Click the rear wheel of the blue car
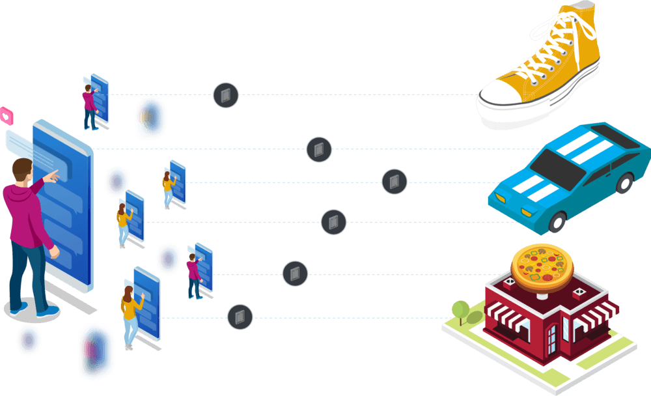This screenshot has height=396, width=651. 624,182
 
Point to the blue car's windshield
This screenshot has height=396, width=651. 561,163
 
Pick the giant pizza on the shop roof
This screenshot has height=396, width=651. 542,264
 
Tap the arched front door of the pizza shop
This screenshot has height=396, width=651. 552,339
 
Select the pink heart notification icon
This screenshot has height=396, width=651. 7,117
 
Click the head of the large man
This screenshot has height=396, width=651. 22,171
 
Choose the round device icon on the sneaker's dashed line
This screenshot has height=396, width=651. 226,96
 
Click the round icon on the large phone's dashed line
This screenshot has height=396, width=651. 319,150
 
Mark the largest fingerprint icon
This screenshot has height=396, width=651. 96,351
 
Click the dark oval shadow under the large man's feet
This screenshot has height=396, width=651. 29,312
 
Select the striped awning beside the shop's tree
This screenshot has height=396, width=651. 501,319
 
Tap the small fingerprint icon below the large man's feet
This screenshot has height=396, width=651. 28,339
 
